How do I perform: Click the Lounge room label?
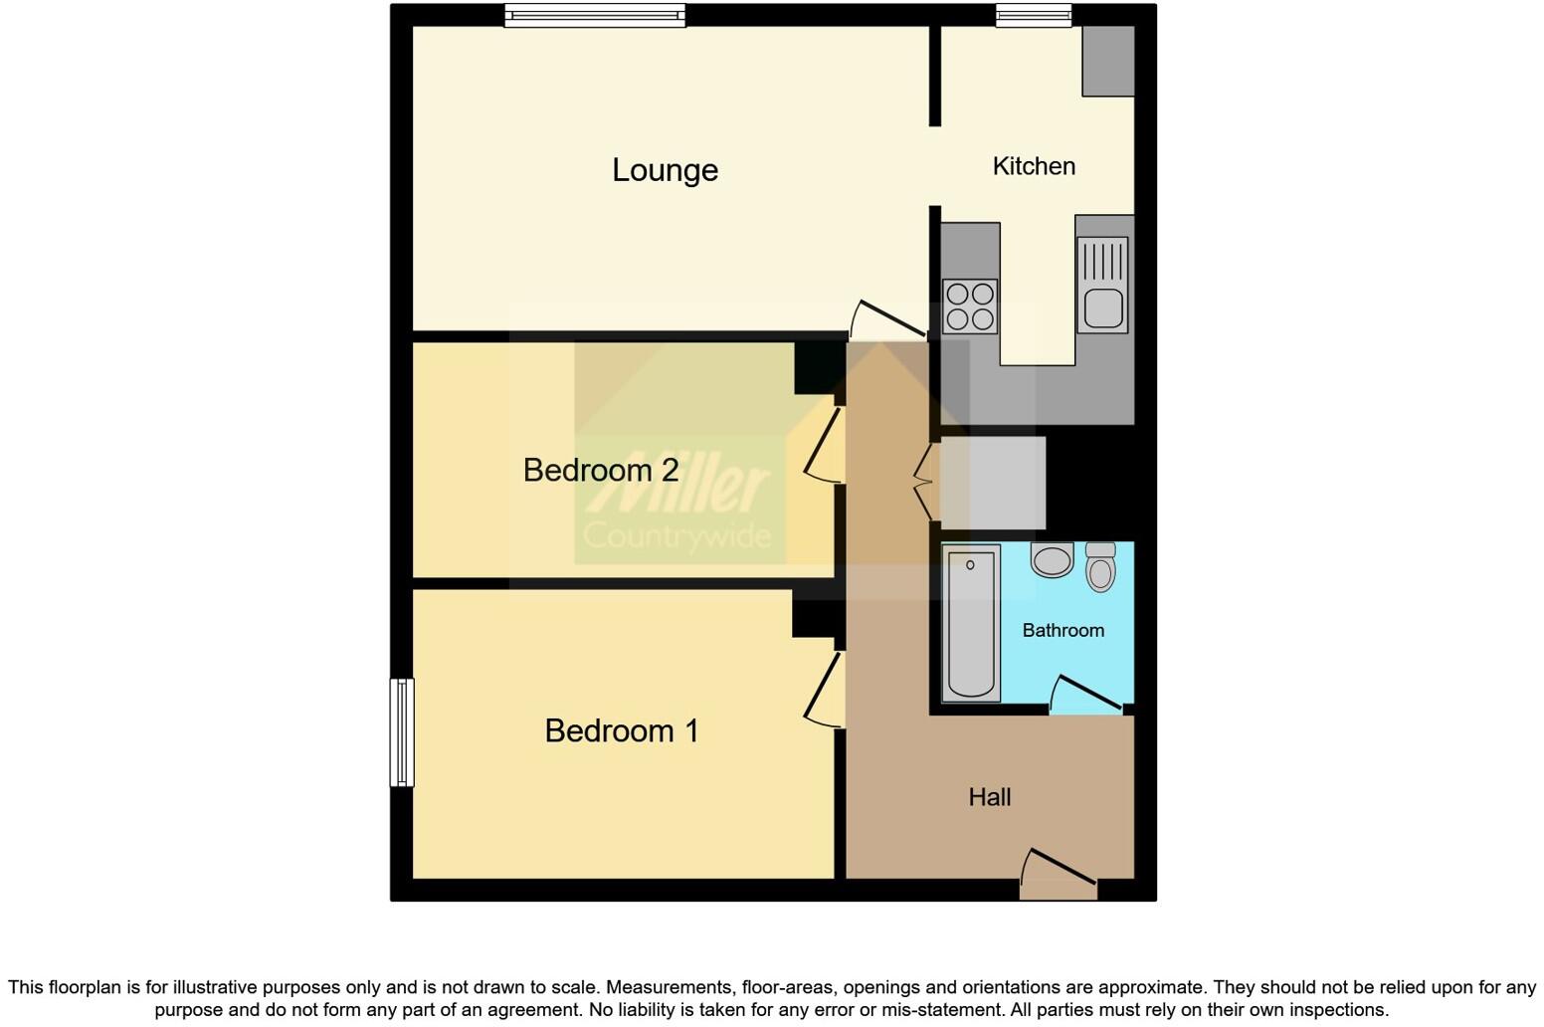pyautogui.click(x=665, y=170)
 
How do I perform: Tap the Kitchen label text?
pyautogui.click(x=1034, y=166)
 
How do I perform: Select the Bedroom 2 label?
pyautogui.click(x=601, y=470)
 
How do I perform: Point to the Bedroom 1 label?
pyautogui.click(x=622, y=731)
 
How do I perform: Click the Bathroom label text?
pyautogui.click(x=1062, y=630)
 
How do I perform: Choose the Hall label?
pyautogui.click(x=989, y=797)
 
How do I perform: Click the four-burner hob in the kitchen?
pyautogui.click(x=970, y=306)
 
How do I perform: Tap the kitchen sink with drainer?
pyautogui.click(x=1102, y=285)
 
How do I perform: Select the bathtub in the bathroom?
pyautogui.click(x=971, y=623)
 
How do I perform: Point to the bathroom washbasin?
pyautogui.click(x=1052, y=559)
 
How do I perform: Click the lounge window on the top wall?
pyautogui.click(x=594, y=15)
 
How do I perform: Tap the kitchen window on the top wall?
pyautogui.click(x=1034, y=15)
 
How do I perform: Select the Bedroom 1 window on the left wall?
pyautogui.click(x=401, y=732)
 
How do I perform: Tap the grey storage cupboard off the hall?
pyautogui.click(x=992, y=483)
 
